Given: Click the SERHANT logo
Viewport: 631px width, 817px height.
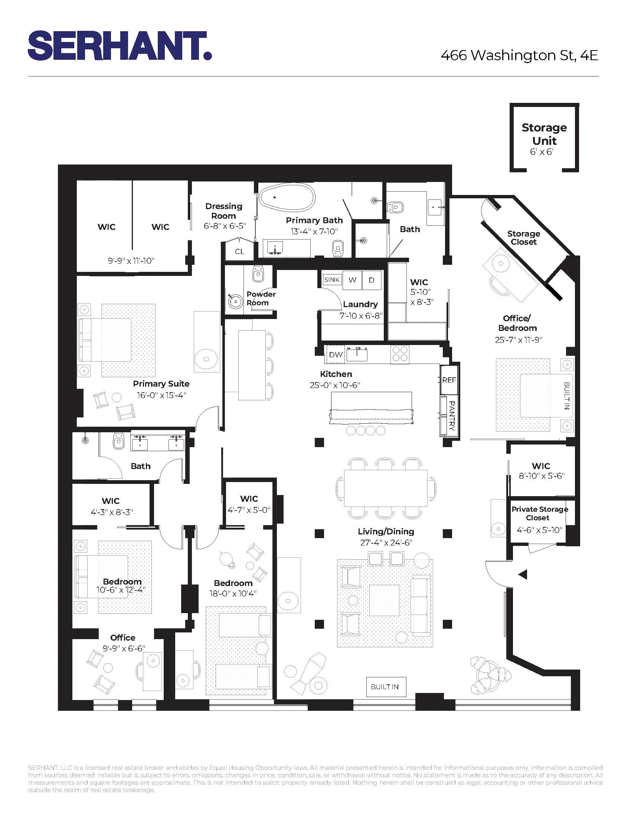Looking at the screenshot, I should [120, 46].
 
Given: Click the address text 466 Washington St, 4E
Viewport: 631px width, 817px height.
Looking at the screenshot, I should [519, 55].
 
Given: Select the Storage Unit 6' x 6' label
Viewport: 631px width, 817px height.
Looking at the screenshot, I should [544, 139].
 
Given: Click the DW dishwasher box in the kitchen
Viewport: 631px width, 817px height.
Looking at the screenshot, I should [336, 354].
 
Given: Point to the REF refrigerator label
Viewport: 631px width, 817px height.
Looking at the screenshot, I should [449, 380].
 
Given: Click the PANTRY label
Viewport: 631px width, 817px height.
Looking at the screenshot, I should [452, 415].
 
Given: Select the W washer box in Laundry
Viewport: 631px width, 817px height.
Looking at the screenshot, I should [352, 280].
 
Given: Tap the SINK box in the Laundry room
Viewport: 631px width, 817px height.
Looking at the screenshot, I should [332, 279].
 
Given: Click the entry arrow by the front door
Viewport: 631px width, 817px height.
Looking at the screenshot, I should [523, 574].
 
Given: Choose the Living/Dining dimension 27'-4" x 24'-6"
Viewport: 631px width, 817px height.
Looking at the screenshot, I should [386, 543].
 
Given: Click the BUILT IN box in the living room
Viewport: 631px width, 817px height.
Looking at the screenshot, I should [385, 687].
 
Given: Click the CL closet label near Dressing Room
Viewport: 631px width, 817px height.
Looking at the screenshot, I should [239, 251].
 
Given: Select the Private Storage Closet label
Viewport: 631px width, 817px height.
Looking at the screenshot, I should [539, 513].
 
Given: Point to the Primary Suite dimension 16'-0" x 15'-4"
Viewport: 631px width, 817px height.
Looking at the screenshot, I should [161, 395].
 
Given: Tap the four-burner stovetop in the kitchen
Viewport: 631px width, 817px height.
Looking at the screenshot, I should [400, 354].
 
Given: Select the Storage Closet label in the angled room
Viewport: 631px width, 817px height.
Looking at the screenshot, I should [523, 238].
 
